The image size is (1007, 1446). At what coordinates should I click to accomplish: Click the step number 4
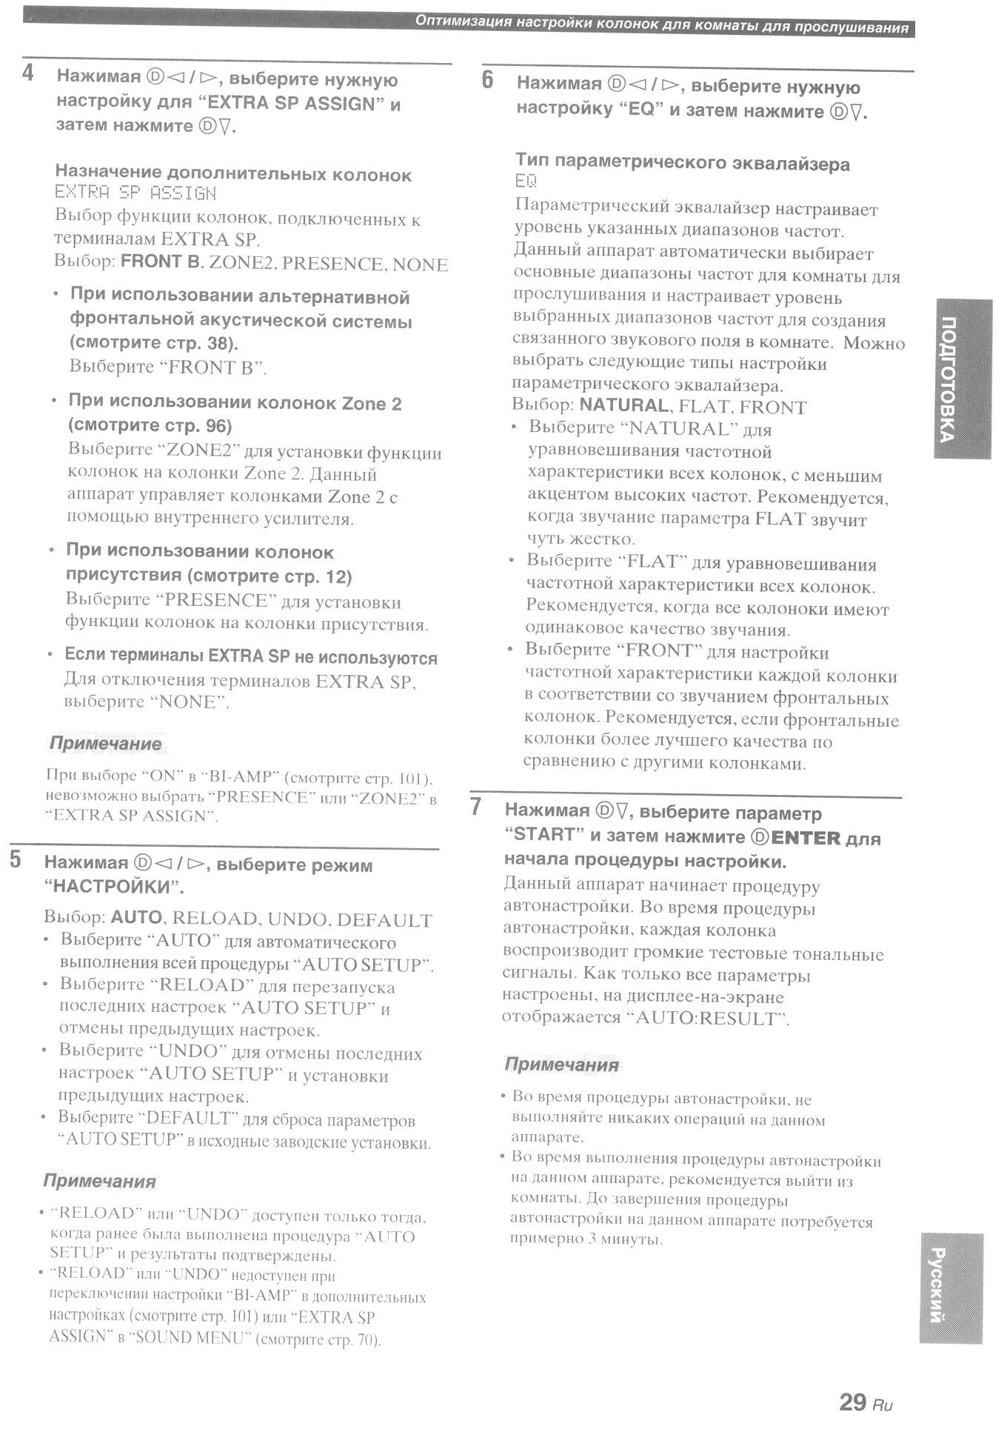(x=28, y=73)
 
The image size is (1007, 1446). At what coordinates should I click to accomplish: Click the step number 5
(x=16, y=860)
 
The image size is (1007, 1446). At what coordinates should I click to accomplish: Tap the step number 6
(x=487, y=80)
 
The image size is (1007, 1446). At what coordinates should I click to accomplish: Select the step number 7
(x=476, y=807)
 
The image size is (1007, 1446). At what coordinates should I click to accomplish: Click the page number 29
(x=852, y=1402)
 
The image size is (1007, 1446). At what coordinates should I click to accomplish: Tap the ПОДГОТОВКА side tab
(x=962, y=379)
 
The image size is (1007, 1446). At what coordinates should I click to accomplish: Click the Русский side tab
(x=951, y=1287)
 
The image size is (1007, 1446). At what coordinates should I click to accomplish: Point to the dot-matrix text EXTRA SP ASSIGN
(x=136, y=193)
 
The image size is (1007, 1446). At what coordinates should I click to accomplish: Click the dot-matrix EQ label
(x=525, y=181)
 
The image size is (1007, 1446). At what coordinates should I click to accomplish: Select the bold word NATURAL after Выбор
(x=623, y=405)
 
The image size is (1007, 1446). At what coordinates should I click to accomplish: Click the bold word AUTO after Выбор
(x=136, y=917)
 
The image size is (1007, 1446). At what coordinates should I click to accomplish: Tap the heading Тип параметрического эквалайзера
(x=682, y=163)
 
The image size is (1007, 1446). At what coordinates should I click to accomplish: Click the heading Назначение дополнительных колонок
(x=233, y=174)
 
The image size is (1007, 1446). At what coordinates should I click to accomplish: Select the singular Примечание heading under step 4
(x=105, y=743)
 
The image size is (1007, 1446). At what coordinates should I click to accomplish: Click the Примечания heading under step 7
(x=561, y=1064)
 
